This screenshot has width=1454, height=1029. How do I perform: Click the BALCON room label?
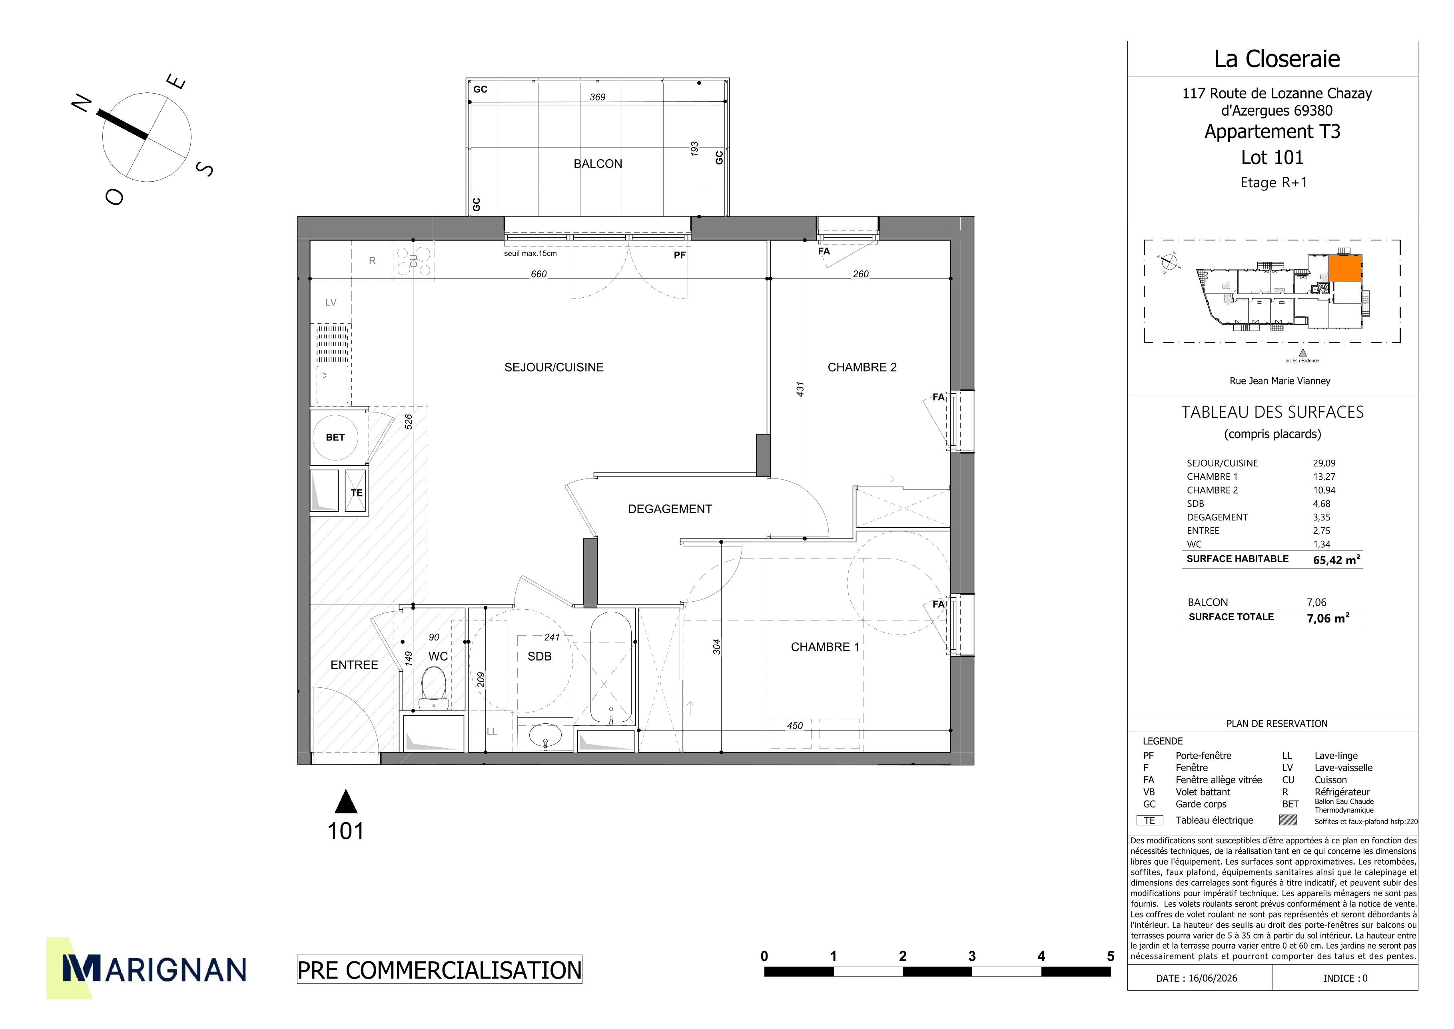tap(598, 164)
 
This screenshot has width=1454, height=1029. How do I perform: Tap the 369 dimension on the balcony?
tap(597, 97)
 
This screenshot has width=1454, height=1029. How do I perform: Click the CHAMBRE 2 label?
tap(862, 368)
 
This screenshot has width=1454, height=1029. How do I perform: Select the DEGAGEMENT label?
tap(670, 509)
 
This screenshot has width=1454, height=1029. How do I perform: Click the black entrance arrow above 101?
tap(346, 801)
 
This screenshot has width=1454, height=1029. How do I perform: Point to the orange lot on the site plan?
tap(1344, 269)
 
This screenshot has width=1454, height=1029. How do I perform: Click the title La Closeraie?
tap(1276, 59)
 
